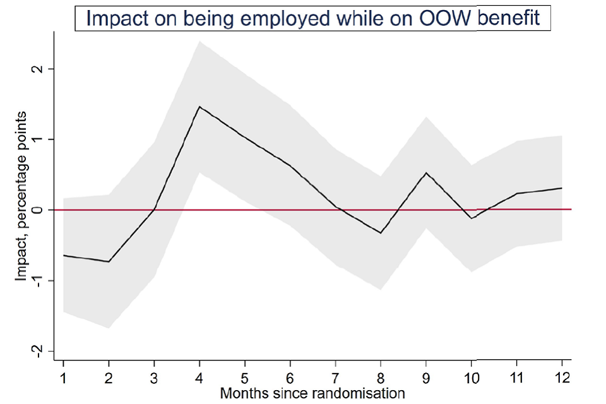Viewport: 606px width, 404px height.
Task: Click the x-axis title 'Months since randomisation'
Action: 312,394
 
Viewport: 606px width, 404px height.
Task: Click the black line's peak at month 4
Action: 199,107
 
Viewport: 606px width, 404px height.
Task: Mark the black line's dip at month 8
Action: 381,233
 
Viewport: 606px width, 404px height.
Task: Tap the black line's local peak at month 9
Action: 426,173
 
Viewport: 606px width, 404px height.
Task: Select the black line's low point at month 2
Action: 109,261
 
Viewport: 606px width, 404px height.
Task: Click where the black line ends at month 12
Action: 561,188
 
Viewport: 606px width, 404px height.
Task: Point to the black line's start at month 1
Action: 64,255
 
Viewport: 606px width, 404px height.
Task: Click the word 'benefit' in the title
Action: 510,17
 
